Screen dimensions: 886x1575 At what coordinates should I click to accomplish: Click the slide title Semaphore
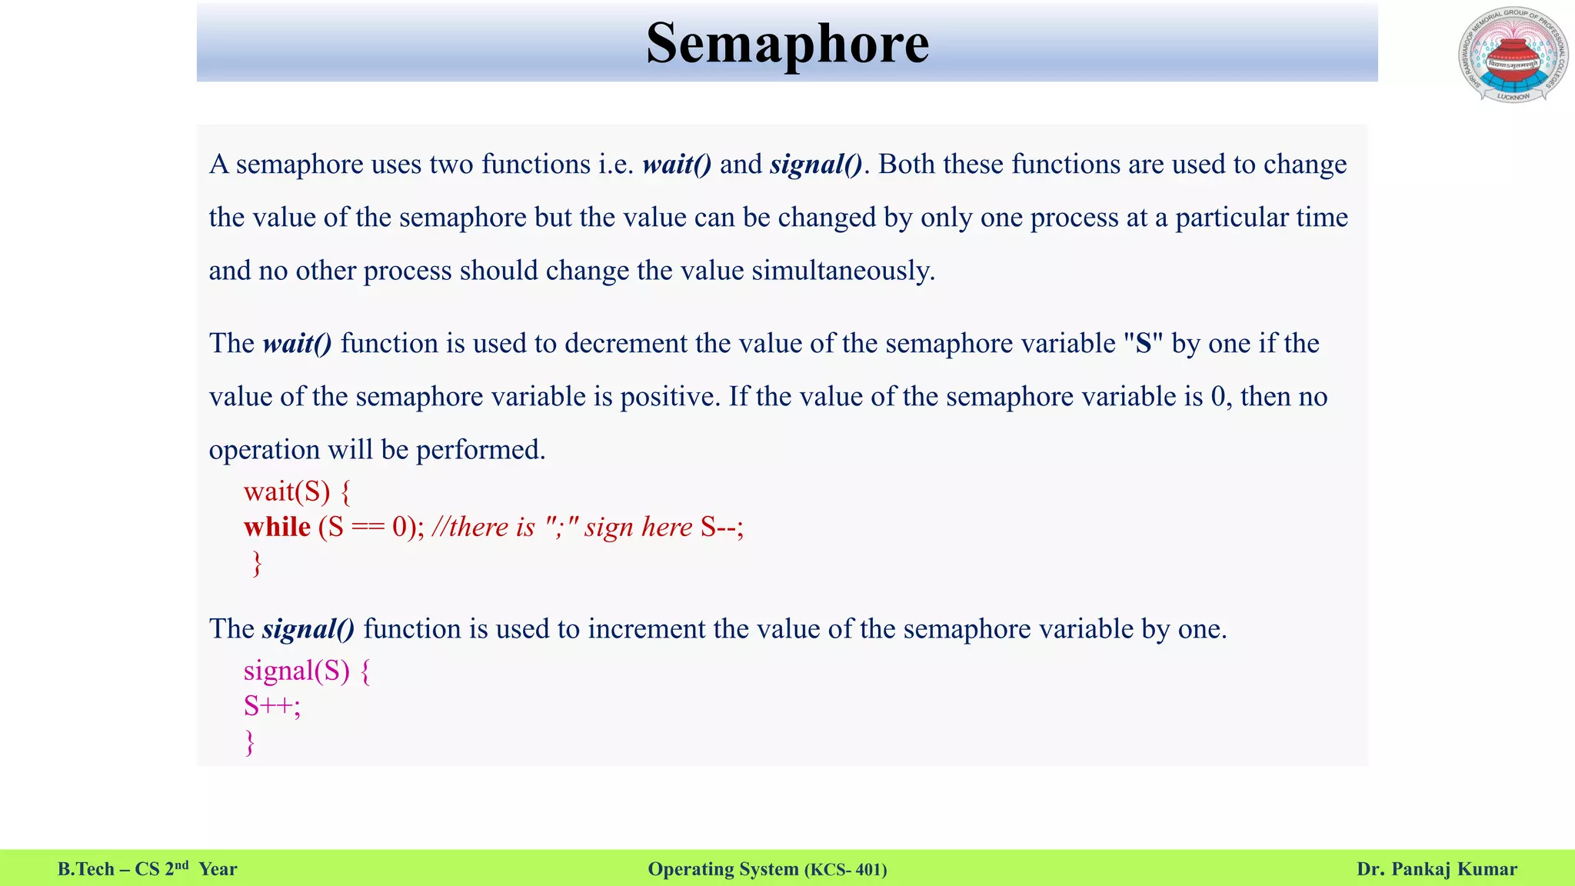click(787, 44)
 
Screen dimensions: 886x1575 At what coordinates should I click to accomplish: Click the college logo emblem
click(1512, 56)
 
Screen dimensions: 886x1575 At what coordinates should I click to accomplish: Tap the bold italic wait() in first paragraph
click(677, 165)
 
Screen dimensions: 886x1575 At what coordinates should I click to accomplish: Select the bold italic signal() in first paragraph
click(816, 165)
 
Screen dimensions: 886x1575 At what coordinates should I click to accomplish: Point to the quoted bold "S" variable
click(1143, 343)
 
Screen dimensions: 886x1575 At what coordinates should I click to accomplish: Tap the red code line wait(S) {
click(297, 491)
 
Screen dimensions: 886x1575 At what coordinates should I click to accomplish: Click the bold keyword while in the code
click(277, 527)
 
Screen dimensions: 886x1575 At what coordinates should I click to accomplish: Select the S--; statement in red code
click(722, 527)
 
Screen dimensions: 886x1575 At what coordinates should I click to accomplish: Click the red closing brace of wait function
click(257, 564)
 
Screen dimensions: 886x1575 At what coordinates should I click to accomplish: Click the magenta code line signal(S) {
click(307, 671)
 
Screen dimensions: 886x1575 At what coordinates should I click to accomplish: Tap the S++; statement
click(272, 706)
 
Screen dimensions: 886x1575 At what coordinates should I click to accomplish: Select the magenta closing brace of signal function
click(249, 742)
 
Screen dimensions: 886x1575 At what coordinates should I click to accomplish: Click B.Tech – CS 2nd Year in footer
click(147, 869)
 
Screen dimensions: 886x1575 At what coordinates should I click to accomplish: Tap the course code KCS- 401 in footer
click(846, 870)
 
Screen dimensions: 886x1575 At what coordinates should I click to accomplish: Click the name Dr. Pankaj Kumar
click(1437, 869)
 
